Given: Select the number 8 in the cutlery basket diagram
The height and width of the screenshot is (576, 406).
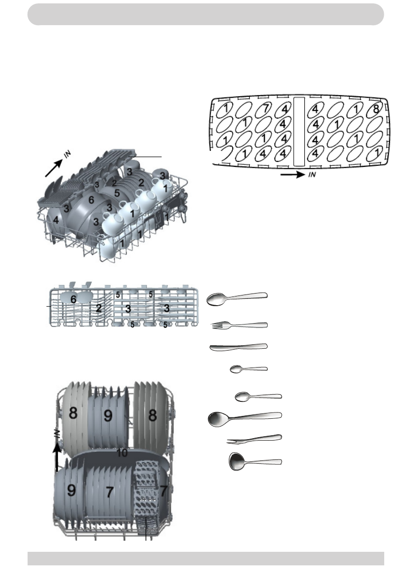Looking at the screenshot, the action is click(376, 109).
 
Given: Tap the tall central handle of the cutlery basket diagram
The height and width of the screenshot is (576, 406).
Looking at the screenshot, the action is click(299, 132).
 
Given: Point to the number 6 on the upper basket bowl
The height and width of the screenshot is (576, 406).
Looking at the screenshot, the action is click(91, 200).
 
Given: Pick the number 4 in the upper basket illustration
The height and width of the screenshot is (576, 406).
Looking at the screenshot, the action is click(56, 220).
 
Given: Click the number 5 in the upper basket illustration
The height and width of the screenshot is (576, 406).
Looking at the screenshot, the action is click(117, 193).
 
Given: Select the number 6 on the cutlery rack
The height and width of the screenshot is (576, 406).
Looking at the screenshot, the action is click(73, 299).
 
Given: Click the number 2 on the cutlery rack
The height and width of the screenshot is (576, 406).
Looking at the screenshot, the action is click(98, 308).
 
